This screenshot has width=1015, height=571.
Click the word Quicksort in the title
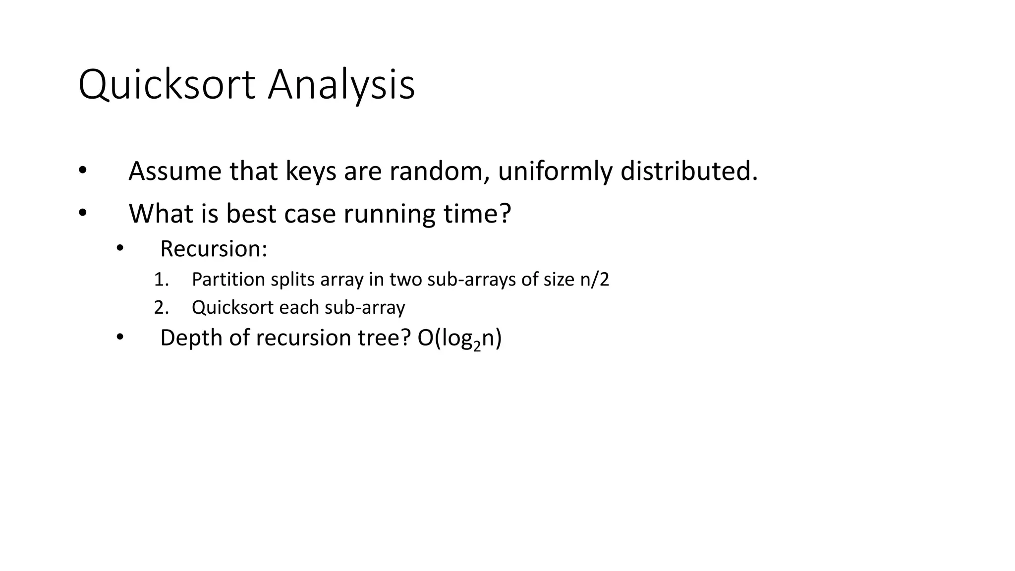(x=167, y=85)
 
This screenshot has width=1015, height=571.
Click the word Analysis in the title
(x=341, y=85)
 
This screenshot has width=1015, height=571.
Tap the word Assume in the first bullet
(x=175, y=171)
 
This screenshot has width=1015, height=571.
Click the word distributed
(x=689, y=171)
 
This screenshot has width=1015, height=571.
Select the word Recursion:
(x=214, y=249)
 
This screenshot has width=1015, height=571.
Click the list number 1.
(x=161, y=280)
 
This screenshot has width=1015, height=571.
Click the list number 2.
(x=161, y=308)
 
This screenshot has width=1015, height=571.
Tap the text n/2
(x=594, y=280)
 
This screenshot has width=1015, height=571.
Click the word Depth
(x=190, y=338)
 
